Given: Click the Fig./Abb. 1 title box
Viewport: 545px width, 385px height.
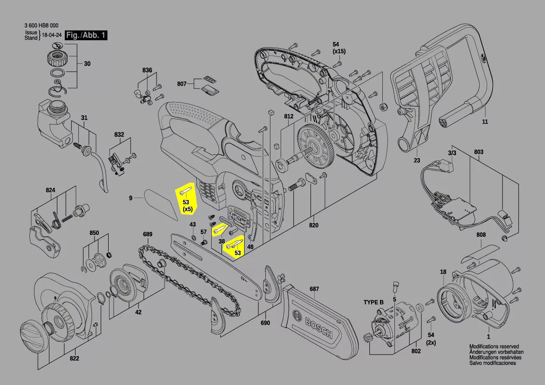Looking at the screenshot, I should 86,35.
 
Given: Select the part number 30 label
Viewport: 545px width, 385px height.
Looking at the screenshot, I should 87,64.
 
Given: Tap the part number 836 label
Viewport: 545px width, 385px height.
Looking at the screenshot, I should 147,70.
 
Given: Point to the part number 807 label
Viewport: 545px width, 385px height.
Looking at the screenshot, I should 182,84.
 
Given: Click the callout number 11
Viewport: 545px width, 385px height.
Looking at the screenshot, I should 485,122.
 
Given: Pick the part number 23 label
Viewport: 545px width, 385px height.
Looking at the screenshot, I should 417,160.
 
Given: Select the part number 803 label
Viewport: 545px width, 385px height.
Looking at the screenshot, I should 479,152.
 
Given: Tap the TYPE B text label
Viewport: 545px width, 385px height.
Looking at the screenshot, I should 373,302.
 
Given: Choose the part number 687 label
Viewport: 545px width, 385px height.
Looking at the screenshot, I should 314,289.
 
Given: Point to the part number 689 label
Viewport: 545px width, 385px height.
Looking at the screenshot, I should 148,234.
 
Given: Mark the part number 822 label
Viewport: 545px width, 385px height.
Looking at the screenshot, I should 74,358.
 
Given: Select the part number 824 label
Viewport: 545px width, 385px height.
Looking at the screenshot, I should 50,190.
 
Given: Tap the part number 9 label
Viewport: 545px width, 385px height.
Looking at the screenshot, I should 131,199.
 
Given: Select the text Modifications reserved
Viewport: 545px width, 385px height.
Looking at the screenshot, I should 494,347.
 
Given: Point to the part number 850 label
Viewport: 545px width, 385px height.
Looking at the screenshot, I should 94,233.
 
